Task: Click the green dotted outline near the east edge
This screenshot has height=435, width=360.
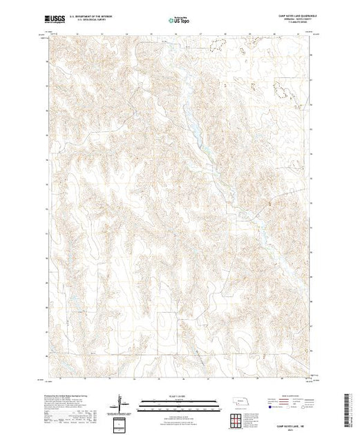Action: click(x=283, y=89)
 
